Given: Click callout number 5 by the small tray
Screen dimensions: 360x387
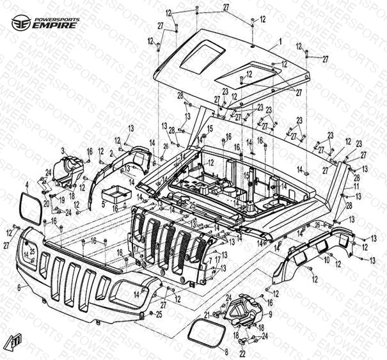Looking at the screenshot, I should click(x=103, y=204).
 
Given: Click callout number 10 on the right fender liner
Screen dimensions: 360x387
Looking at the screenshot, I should click(x=326, y=261).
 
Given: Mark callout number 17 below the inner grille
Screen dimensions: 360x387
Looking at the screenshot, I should click(x=217, y=260).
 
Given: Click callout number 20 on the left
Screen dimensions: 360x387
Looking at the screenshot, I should click(x=47, y=204).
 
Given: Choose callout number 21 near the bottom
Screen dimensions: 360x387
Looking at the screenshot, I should click(x=207, y=315).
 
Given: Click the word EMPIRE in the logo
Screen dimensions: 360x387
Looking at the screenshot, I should click(x=56, y=26).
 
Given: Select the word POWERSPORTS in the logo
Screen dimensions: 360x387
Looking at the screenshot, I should click(x=59, y=19).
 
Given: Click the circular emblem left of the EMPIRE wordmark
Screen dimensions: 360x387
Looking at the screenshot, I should click(x=22, y=23).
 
